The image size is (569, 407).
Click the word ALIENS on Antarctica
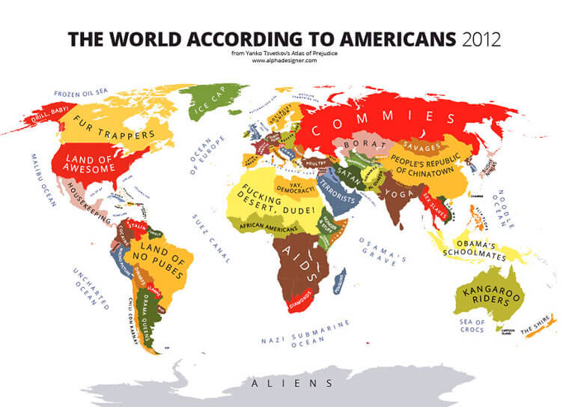[292, 383]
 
